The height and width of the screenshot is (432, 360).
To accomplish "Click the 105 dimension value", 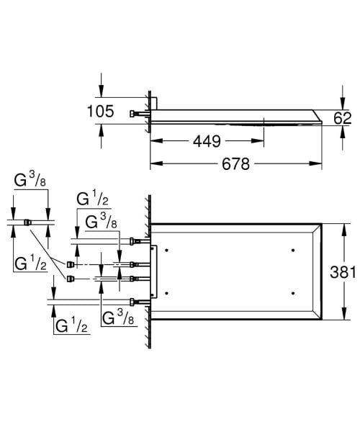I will click(100, 112).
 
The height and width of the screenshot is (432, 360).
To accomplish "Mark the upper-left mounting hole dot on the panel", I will click(166, 250).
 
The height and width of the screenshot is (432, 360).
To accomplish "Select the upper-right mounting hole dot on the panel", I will click(293, 250).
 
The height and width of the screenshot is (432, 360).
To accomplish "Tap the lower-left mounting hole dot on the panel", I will click(166, 292).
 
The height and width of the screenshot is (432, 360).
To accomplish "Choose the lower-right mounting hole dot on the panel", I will click(293, 292).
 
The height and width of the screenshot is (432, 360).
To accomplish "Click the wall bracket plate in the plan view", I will click(153, 270).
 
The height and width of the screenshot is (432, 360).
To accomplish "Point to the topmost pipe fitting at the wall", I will click(137, 241).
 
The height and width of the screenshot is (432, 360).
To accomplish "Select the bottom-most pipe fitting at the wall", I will click(137, 300).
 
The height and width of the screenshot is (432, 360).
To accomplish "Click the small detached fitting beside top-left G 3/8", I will click(27, 222).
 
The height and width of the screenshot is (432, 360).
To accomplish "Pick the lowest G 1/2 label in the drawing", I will click(71, 325).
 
